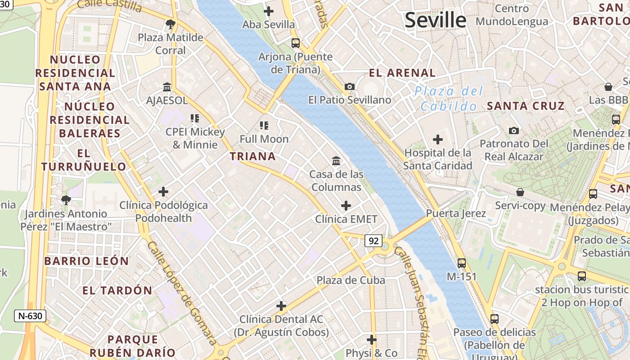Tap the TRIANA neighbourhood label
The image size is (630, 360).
click(252, 157)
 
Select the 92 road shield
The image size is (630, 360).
click(373, 241)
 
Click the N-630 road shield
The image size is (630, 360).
click(30, 316)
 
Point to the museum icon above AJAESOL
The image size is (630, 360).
click(167, 86)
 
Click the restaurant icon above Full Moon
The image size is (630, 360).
click(264, 125)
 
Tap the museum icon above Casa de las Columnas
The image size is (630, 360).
click(336, 161)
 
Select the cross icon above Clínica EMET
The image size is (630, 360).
click(346, 206)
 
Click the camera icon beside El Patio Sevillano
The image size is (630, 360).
click(349, 86)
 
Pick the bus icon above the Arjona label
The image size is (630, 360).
click(295, 43)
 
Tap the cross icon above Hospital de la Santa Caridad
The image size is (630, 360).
click(437, 139)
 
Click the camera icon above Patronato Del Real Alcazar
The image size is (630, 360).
click(513, 130)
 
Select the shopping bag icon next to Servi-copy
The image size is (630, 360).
click(520, 192)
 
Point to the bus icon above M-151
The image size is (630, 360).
click(461, 263)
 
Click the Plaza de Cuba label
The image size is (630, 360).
click(351, 280)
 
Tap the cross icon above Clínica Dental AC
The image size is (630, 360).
click(281, 306)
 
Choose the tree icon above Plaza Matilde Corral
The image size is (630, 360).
click(170, 24)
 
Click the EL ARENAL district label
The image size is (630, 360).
click(402, 73)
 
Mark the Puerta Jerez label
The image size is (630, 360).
click(456, 213)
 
